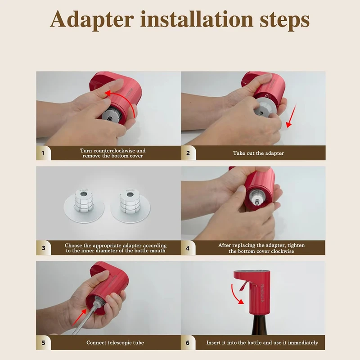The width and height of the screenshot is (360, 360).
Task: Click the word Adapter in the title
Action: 92,20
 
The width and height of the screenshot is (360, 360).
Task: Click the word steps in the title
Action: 285,21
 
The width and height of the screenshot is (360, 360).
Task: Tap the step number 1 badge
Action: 43,153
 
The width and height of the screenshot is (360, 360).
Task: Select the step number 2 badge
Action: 188,153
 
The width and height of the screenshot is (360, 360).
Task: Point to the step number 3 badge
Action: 43,248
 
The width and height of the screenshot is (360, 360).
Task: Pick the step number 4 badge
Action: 188,248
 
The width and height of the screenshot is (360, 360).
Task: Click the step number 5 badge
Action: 43,342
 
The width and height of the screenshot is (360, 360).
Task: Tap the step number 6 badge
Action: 188,342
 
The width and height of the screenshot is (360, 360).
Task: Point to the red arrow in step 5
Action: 79,317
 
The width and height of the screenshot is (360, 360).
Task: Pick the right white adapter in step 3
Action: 130,205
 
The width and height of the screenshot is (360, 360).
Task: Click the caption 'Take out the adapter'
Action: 258,153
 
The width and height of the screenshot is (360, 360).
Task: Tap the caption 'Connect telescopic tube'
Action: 115,342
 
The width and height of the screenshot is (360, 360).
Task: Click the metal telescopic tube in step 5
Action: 86,317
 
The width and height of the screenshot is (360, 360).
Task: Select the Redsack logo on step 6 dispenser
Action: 262,293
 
